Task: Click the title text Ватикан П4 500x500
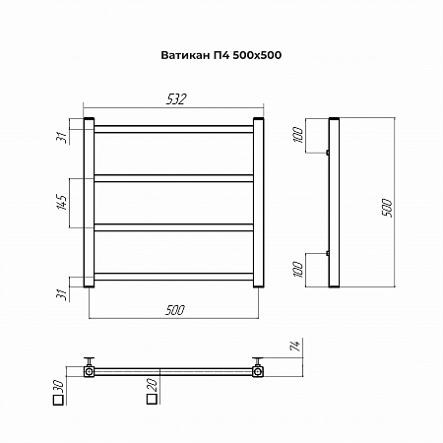click(x=221, y=55)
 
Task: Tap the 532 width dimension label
click(x=176, y=99)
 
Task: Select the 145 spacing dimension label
click(x=62, y=202)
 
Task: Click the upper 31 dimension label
click(x=62, y=138)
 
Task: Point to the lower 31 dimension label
click(x=62, y=294)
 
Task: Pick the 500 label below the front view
click(x=175, y=310)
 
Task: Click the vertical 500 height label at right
click(x=387, y=208)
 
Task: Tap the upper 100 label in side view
click(x=298, y=135)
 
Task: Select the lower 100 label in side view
click(x=298, y=270)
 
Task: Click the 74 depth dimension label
click(x=295, y=346)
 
